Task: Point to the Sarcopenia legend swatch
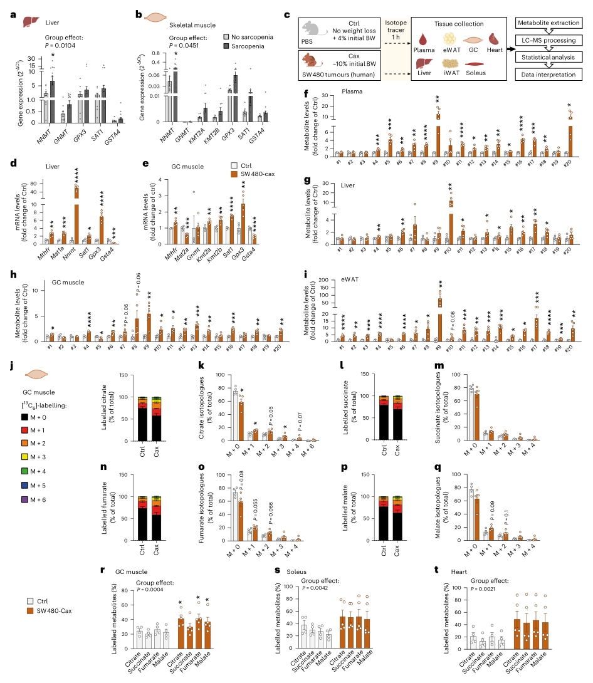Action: [228, 46]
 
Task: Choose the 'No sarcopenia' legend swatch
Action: [228, 36]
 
